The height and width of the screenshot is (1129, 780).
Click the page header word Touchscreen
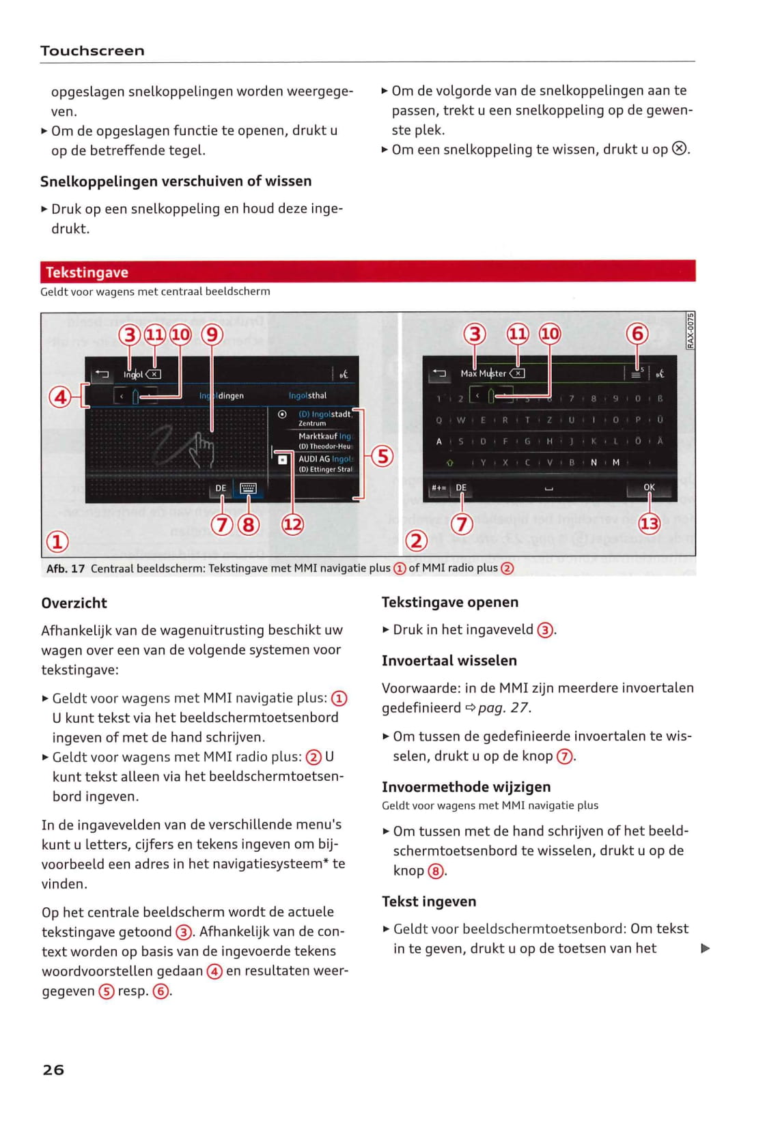click(92, 51)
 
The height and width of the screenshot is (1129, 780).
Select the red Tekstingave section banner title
click(87, 272)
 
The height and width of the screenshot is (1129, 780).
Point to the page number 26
click(53, 1070)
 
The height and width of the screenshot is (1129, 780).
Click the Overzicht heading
click(74, 603)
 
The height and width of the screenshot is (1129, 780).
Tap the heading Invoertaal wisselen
click(449, 661)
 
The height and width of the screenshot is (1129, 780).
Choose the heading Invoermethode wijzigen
click(466, 787)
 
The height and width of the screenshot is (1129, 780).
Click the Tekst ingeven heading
click(429, 902)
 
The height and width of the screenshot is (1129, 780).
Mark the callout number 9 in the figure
click(212, 334)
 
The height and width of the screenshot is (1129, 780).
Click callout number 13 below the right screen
click(648, 524)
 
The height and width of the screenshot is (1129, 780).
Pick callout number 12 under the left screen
click(292, 524)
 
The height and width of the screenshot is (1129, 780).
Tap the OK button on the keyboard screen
click(648, 487)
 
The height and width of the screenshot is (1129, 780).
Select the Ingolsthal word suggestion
click(307, 395)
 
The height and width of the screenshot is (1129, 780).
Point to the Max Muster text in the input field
click(483, 373)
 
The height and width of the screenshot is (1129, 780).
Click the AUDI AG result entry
click(324, 459)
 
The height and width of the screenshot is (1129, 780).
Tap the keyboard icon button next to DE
click(248, 488)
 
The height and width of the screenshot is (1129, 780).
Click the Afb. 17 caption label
click(66, 569)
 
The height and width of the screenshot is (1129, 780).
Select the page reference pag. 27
click(503, 708)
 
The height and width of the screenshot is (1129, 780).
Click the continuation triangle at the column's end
click(706, 948)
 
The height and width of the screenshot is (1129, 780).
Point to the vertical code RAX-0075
click(690, 330)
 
